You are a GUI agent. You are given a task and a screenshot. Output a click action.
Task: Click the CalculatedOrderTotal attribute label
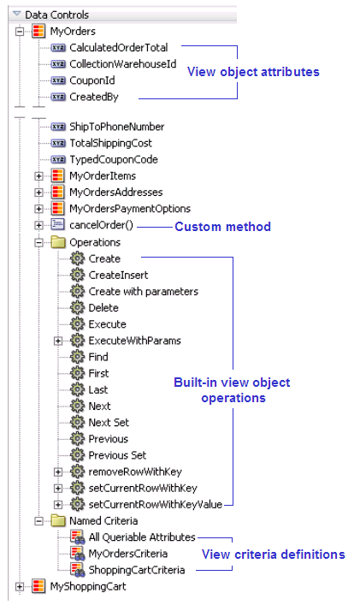(118, 47)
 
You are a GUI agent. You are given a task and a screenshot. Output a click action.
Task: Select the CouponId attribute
(93, 80)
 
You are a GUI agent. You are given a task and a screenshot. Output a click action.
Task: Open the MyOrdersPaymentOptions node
(129, 209)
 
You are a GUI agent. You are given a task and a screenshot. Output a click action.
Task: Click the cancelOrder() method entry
(101, 225)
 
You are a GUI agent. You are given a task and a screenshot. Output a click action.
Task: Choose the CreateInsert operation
(118, 275)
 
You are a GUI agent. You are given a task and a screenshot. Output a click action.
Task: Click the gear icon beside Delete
(77, 307)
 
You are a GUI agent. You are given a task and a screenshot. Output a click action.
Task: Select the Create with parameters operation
(143, 291)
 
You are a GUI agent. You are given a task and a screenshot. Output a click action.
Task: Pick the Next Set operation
(109, 423)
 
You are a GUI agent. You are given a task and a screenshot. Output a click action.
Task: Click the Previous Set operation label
(117, 455)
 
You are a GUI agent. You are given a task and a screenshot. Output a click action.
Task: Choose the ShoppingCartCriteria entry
(136, 570)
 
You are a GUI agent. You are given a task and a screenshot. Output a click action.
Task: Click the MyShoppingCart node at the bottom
(84, 586)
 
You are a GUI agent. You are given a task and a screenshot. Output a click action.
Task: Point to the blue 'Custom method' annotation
(222, 227)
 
